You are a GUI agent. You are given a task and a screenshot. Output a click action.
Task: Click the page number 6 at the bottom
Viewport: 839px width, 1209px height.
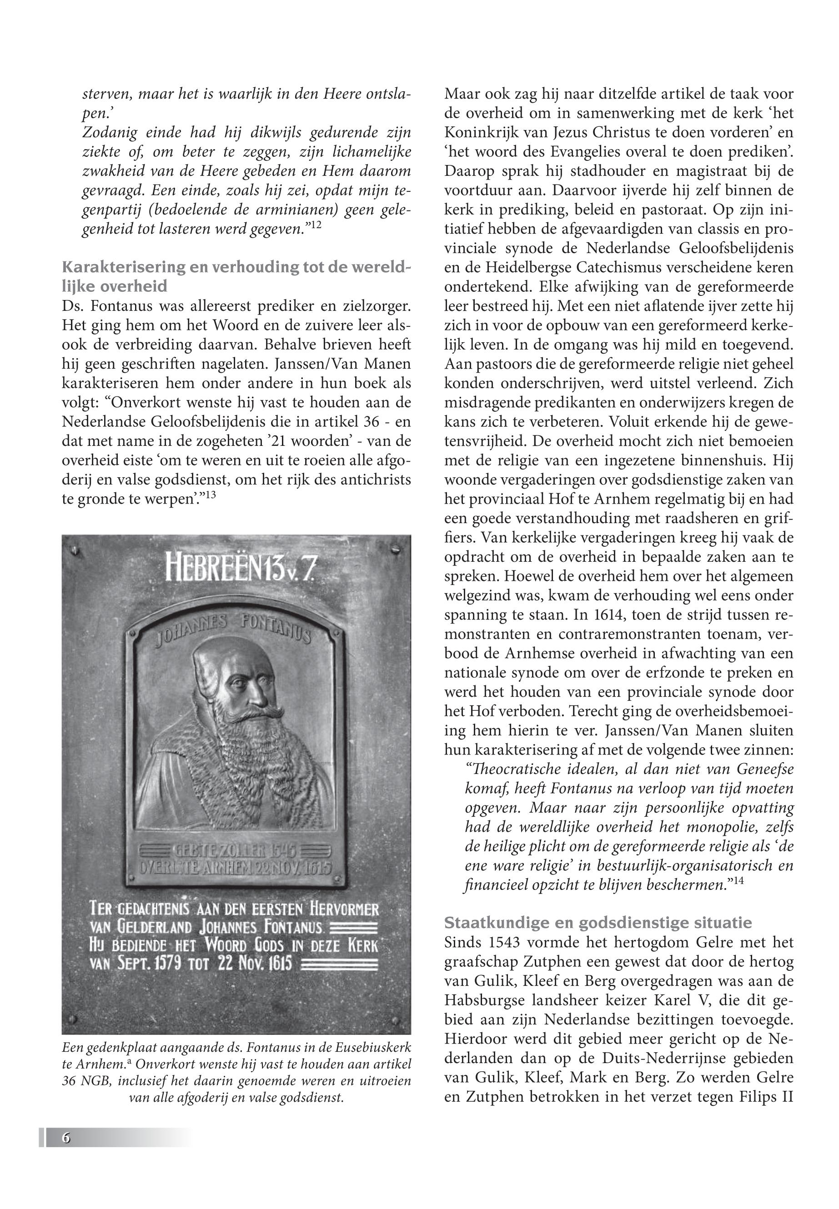pos(66,1138)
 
